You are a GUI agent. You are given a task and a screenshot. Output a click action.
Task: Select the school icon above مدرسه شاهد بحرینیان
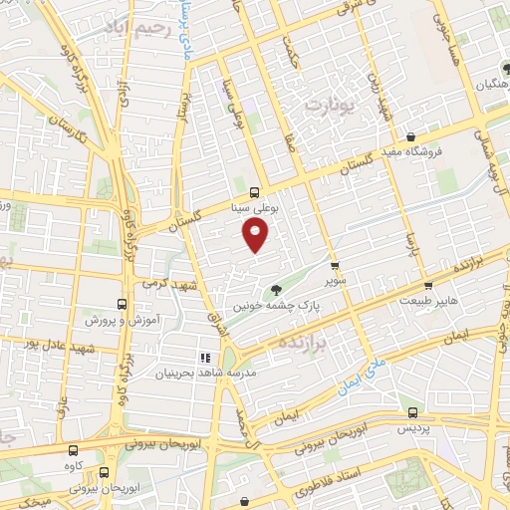coord(205,357)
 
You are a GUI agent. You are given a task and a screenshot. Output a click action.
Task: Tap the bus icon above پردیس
coord(412,411)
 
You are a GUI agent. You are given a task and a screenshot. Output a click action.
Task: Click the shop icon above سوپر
coord(335,267)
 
